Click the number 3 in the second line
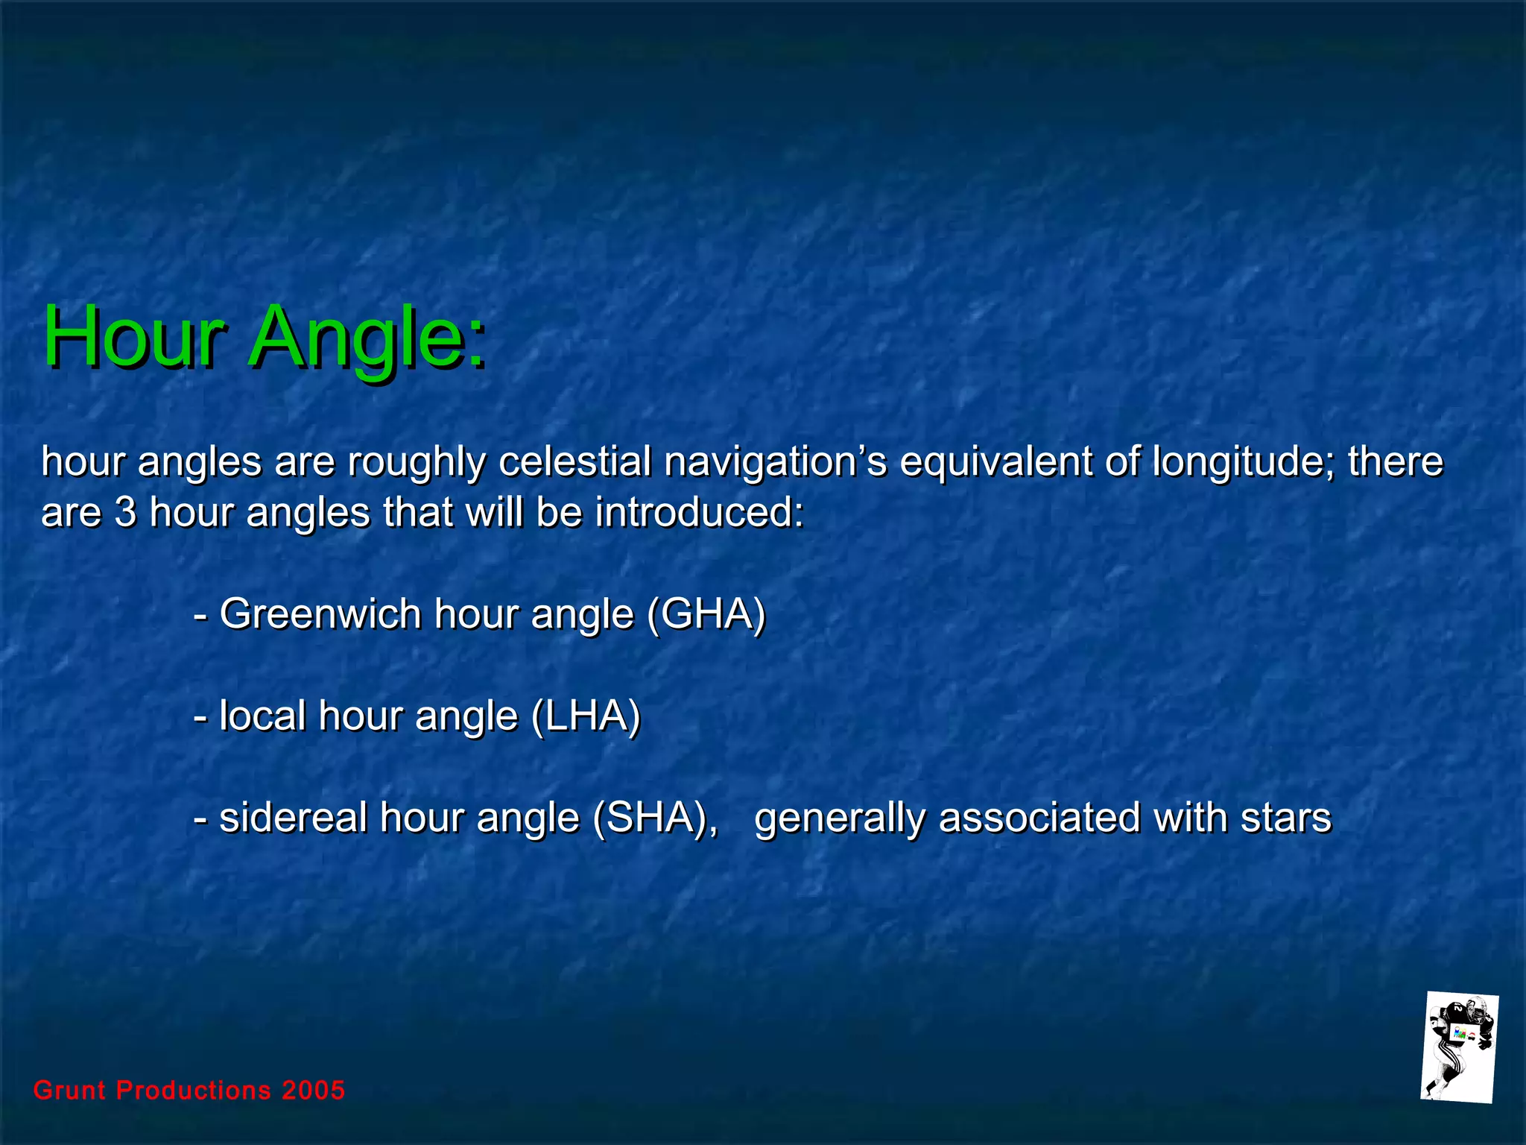click(x=126, y=514)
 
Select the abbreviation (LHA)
click(x=586, y=716)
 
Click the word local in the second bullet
click(x=262, y=716)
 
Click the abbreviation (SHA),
click(x=656, y=818)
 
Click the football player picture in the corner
click(x=1458, y=1047)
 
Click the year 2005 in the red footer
click(x=313, y=1091)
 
